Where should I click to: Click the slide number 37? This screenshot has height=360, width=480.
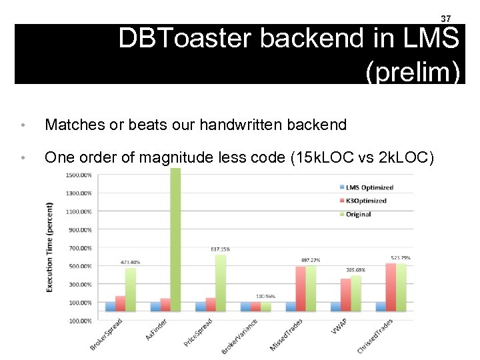pyautogui.click(x=447, y=18)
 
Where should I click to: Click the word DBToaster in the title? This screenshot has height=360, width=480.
pyautogui.click(x=187, y=39)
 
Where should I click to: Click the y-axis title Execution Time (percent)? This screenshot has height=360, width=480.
pyautogui.click(x=51, y=247)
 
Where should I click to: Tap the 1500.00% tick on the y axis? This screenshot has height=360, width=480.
pyautogui.click(x=79, y=175)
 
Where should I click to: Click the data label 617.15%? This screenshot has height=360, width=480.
pyautogui.click(x=220, y=249)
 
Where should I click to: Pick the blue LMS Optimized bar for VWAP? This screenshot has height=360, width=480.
pyautogui.click(x=335, y=307)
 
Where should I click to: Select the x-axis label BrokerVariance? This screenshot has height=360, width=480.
pyautogui.click(x=240, y=337)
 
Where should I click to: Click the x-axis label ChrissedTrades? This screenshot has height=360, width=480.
pyautogui.click(x=375, y=337)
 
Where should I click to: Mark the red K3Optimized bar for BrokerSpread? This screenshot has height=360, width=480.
pyautogui.click(x=120, y=304)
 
